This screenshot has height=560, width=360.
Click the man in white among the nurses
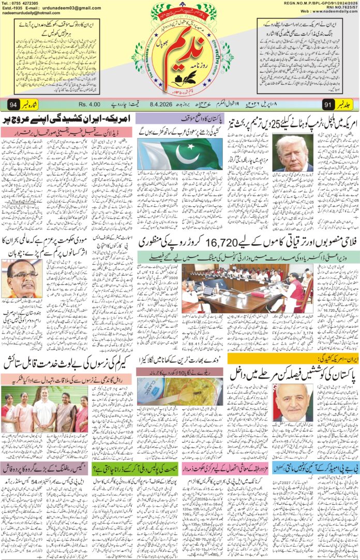tap(34, 412)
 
